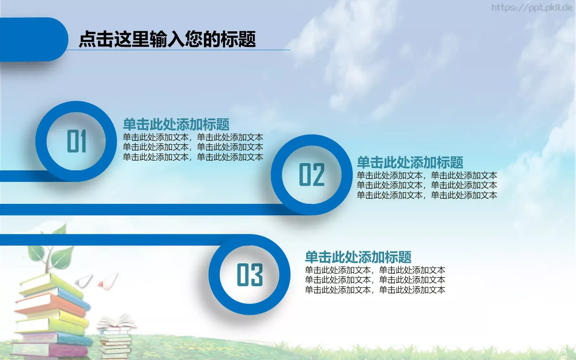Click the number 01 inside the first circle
(x=76, y=141)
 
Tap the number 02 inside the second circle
(x=312, y=175)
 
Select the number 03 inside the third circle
(x=249, y=275)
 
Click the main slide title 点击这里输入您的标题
(x=167, y=39)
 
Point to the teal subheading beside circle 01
(x=176, y=125)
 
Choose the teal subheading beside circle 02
(x=410, y=163)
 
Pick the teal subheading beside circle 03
(x=358, y=257)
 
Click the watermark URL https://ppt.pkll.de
(x=532, y=8)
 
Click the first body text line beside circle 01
(x=193, y=137)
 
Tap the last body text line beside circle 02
(x=427, y=195)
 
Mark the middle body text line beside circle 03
(x=375, y=280)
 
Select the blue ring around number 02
(x=276, y=175)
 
